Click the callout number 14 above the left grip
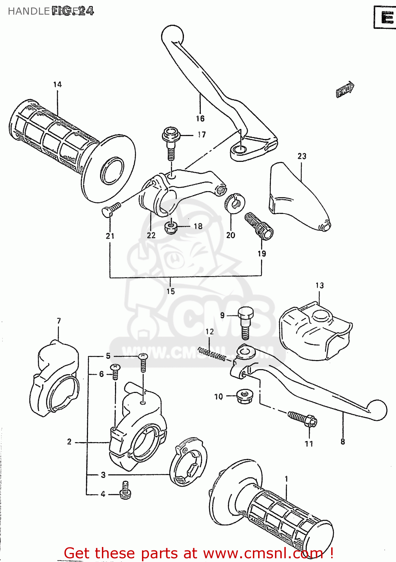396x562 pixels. (x=57, y=85)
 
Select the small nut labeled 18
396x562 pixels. (x=171, y=227)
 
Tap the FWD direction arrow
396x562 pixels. (x=345, y=90)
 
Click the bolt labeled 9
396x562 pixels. (x=245, y=322)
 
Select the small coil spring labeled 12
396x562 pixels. (x=212, y=354)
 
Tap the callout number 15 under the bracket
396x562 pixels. (x=170, y=291)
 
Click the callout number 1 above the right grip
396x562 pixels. (x=287, y=479)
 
